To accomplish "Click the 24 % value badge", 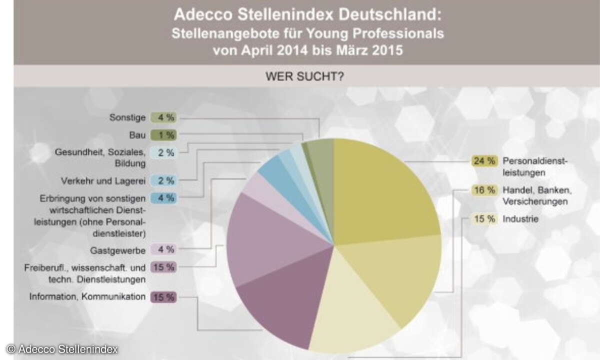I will pyautogui.click(x=483, y=161).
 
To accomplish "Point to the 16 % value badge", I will pyautogui.click(x=483, y=190).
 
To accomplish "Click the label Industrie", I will pyautogui.click(x=520, y=219).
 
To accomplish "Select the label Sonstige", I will pyautogui.click(x=127, y=117).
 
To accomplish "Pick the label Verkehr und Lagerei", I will pyautogui.click(x=103, y=180).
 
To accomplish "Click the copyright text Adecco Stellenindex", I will pyautogui.click(x=62, y=349).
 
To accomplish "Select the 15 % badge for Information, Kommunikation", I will pyautogui.click(x=163, y=296).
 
